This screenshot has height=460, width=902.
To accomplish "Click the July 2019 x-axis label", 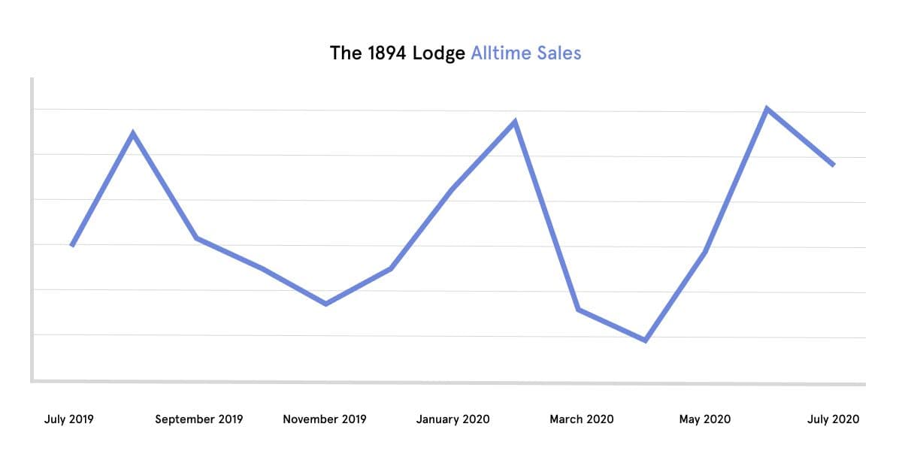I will (69, 419).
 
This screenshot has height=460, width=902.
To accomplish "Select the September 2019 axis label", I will (199, 419).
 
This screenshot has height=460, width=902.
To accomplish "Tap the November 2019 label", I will (325, 419).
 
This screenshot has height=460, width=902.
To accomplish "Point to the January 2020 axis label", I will (453, 419).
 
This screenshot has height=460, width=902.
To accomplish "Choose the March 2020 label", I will (581, 419).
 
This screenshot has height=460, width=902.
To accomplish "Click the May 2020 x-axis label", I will (704, 419).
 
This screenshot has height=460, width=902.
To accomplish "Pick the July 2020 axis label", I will (833, 419).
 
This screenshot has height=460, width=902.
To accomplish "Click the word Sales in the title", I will (561, 53).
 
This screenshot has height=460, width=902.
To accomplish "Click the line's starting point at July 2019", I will (71, 246).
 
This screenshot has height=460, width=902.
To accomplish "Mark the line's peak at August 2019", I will (133, 134).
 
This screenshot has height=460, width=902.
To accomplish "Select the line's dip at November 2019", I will (325, 304).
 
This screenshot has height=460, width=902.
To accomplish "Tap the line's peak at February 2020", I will (515, 122).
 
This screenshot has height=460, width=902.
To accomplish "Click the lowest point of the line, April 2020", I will (646, 340).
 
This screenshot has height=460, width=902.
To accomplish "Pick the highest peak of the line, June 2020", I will (767, 108).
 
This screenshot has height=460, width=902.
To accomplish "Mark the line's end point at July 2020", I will (834, 165).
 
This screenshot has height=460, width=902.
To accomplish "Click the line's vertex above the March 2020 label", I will (578, 310).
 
